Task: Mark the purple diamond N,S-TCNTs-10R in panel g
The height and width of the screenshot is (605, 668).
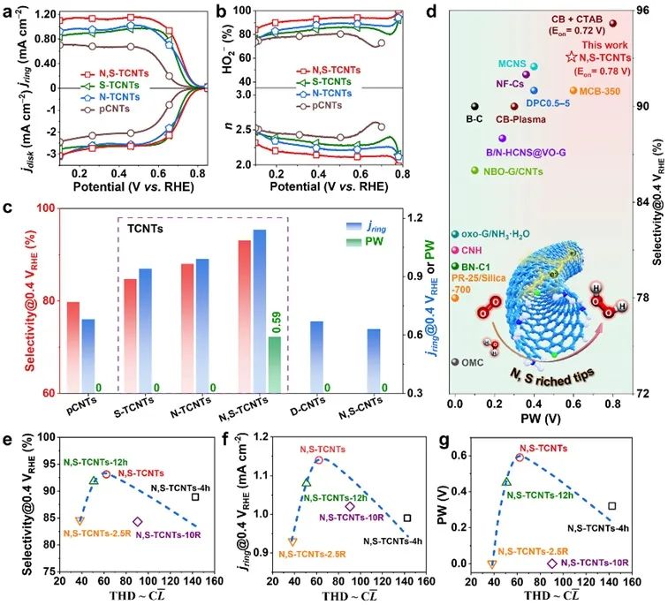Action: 552,563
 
